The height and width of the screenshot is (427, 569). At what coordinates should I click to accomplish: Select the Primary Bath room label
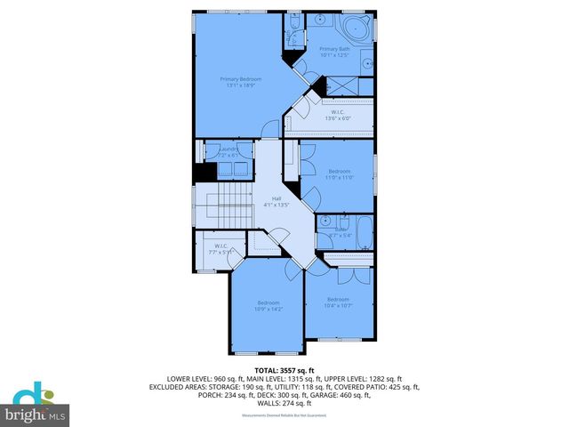click(334, 52)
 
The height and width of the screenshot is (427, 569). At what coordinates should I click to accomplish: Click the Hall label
click(276, 202)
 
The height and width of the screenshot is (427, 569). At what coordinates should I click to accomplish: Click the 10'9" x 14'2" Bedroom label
click(268, 306)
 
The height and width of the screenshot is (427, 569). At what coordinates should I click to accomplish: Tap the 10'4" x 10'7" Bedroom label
click(338, 302)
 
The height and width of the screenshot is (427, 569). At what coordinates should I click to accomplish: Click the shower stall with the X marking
click(339, 86)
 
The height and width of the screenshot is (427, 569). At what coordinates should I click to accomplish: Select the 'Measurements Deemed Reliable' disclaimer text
click(284, 415)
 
